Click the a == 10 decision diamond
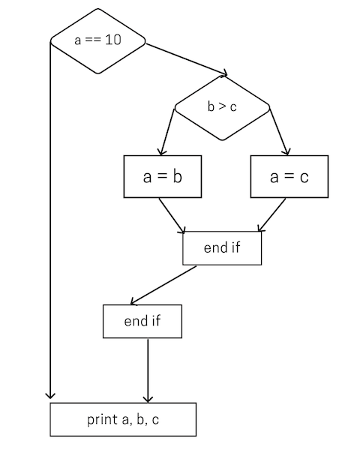tap(97, 40)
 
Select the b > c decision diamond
tap(222, 107)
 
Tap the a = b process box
tap(162, 176)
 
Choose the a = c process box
tap(289, 176)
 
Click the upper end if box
tap(222, 248)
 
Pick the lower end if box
tap(142, 322)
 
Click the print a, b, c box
tap(123, 419)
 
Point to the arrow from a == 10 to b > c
tap(185, 59)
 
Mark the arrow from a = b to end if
tap(172, 214)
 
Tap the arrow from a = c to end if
tap(272, 214)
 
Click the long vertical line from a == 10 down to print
tap(50, 225)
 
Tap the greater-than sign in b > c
tap(222, 107)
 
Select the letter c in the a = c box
tap(303, 177)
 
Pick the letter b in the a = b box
tap(177, 176)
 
